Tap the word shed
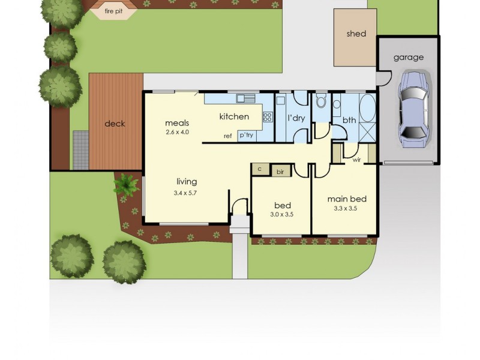tap(356, 34)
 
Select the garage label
tap(408, 58)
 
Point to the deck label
tap(115, 124)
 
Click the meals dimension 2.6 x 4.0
tap(177, 132)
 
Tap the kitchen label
tap(233, 116)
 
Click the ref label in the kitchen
tap(227, 136)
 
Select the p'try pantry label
tap(246, 136)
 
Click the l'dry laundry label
tap(296, 118)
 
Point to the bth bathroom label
tap(349, 120)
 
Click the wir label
tap(356, 160)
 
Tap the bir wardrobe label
tap(280, 172)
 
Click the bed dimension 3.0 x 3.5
tap(281, 214)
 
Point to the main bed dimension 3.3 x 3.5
tap(346, 209)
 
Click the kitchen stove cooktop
tap(268, 117)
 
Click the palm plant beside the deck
tap(127, 185)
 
